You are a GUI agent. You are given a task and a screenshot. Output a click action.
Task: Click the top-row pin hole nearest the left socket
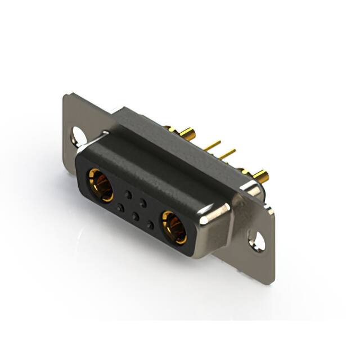point(128,195)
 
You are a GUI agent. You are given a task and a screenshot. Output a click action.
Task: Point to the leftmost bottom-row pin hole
point(119,208)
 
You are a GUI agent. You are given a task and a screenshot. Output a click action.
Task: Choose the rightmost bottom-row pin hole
point(150,225)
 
